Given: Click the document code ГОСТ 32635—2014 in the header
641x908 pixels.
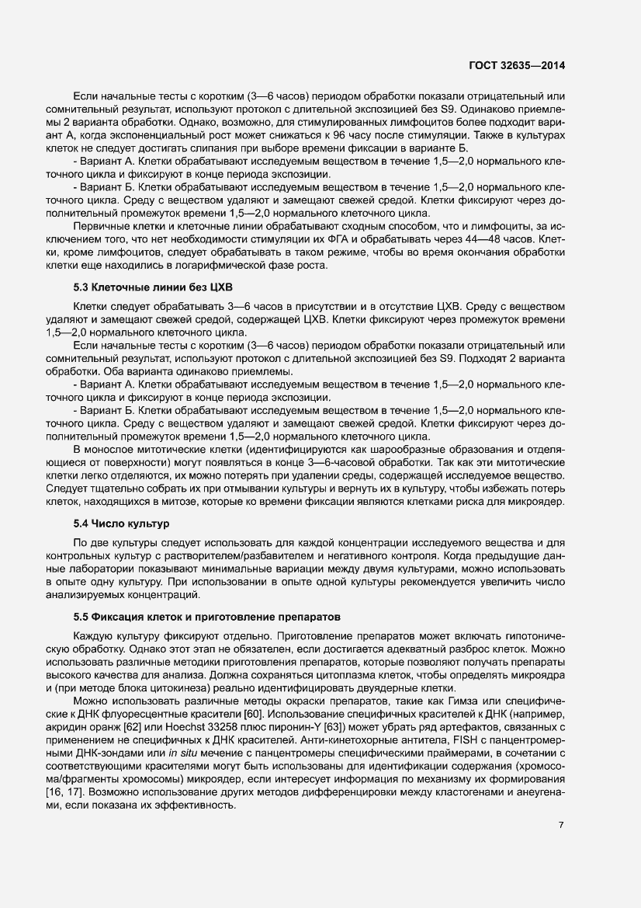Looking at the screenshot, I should pos(516,65).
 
